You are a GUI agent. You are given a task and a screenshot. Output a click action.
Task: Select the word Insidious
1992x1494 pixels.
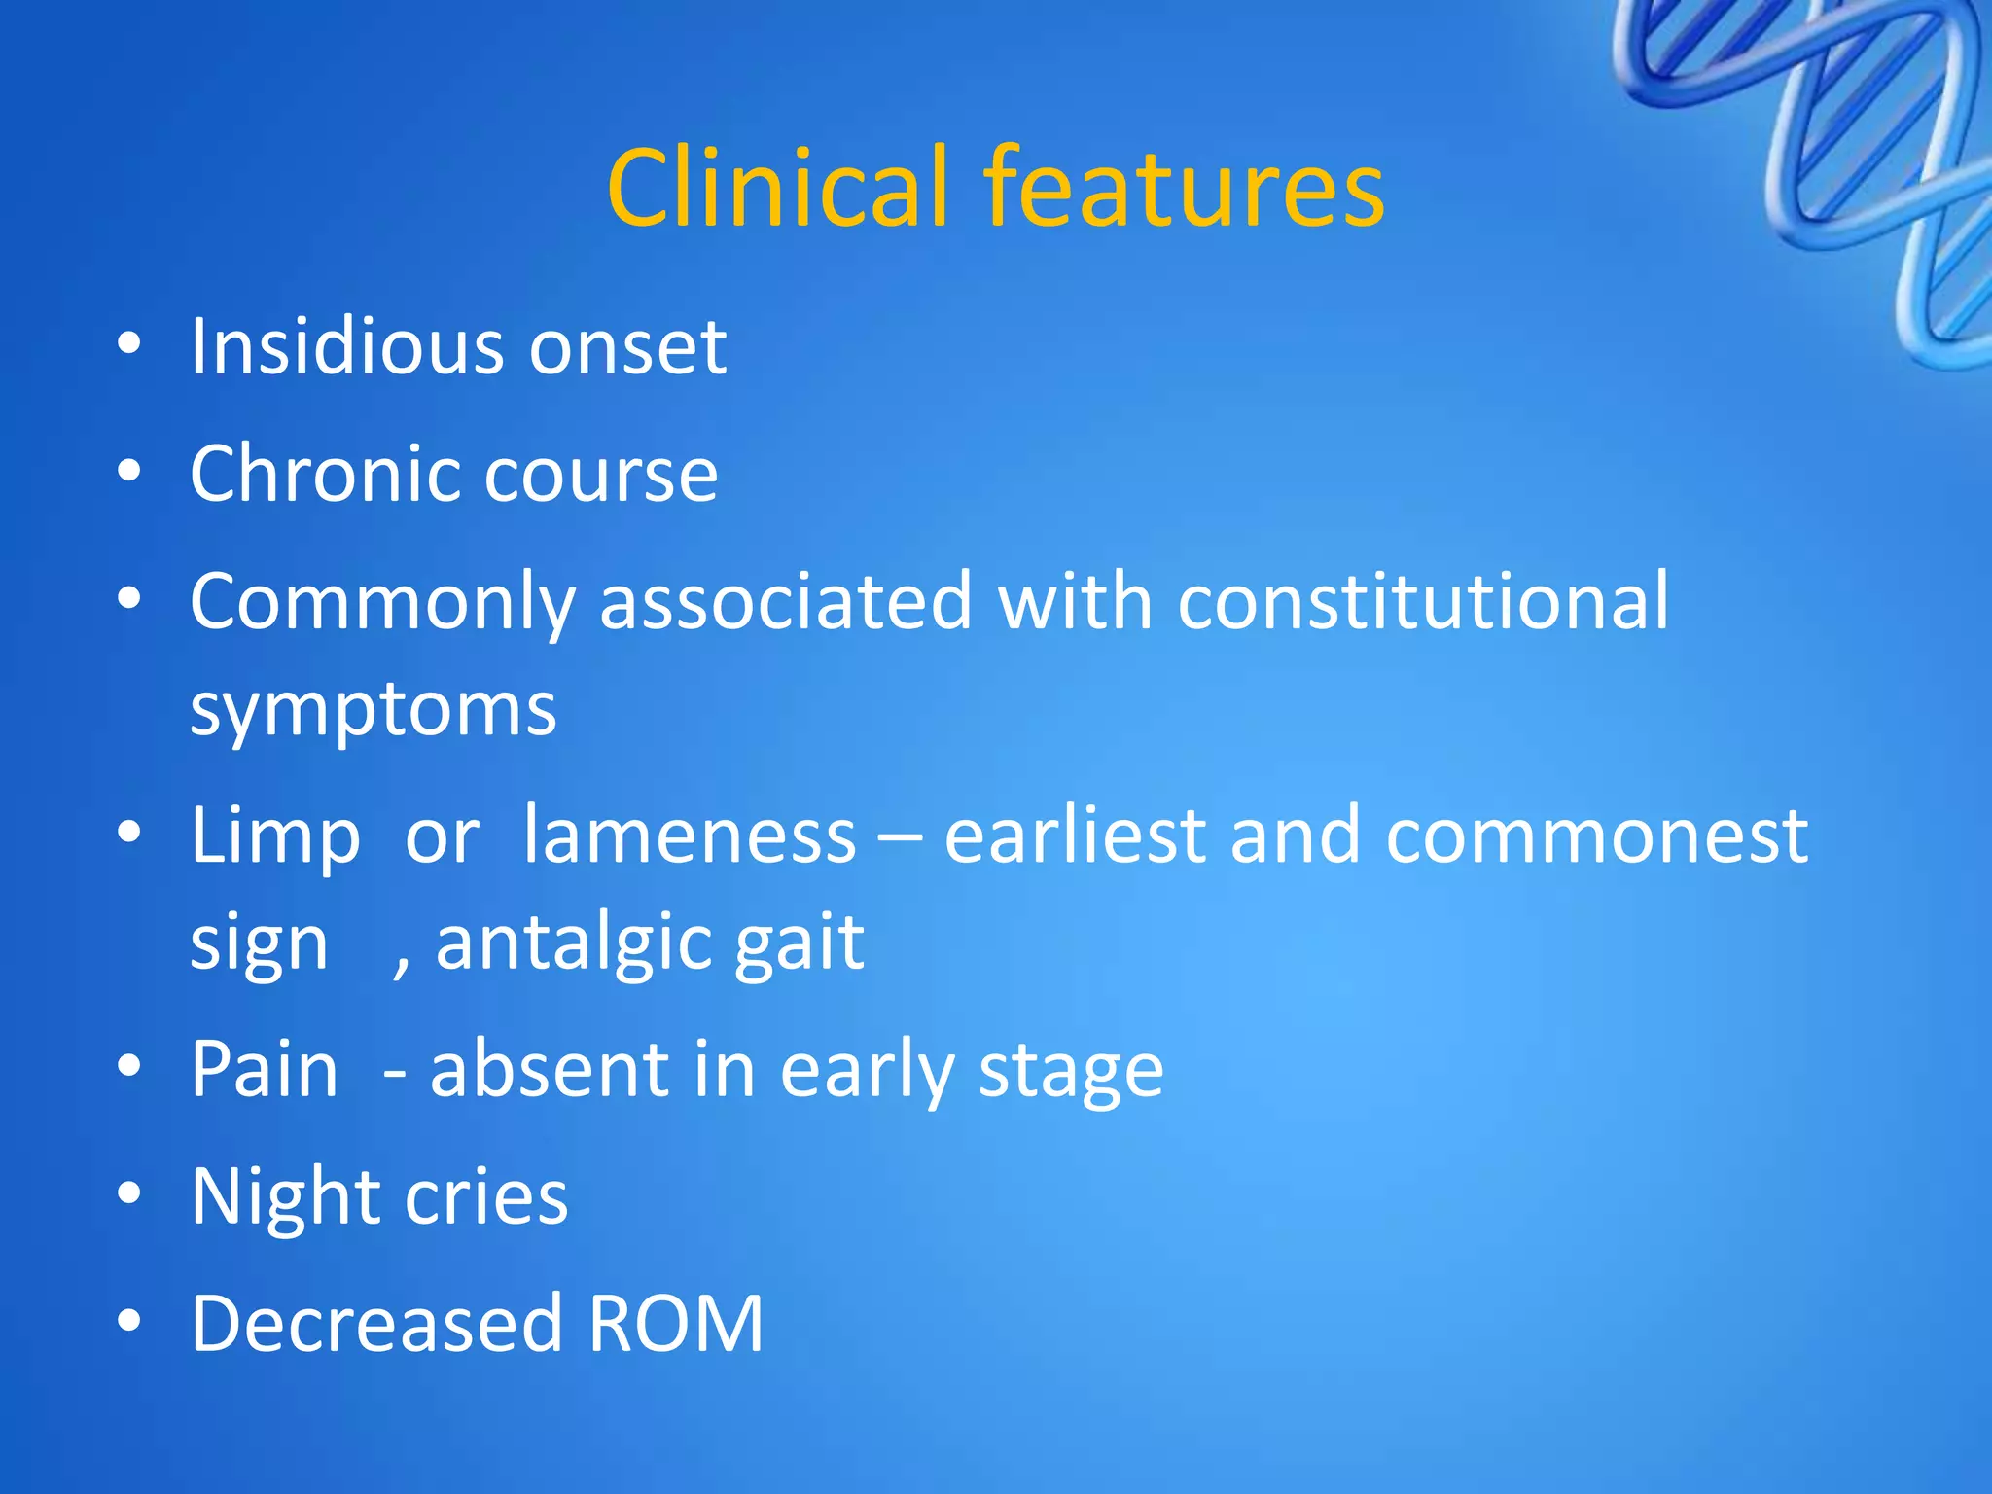click(x=346, y=346)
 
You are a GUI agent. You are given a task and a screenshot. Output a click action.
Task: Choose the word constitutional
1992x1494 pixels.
click(x=1422, y=601)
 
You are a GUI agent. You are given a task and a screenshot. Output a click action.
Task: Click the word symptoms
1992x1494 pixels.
click(x=373, y=710)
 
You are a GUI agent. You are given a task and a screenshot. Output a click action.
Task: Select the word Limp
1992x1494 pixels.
click(x=275, y=836)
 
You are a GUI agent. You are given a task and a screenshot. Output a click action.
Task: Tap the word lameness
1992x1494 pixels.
click(x=689, y=836)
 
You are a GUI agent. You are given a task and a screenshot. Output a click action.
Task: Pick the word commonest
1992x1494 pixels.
click(x=1595, y=836)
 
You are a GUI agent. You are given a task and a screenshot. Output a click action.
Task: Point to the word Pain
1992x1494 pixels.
click(x=264, y=1070)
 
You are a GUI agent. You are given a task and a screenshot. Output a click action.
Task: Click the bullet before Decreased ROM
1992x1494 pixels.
click(x=128, y=1321)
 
